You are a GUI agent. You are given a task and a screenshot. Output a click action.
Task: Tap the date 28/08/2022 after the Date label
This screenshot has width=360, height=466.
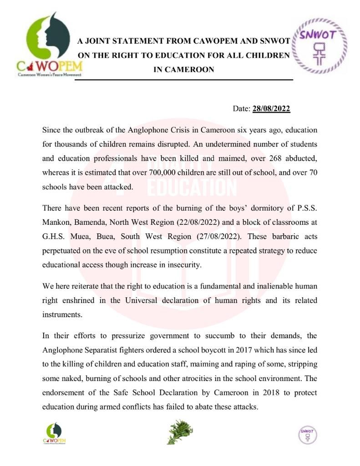point(271,109)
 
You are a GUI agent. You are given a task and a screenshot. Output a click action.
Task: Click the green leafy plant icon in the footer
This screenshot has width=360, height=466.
point(180,432)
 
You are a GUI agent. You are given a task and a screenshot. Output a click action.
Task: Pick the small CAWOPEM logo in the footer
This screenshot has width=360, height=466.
point(54,434)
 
